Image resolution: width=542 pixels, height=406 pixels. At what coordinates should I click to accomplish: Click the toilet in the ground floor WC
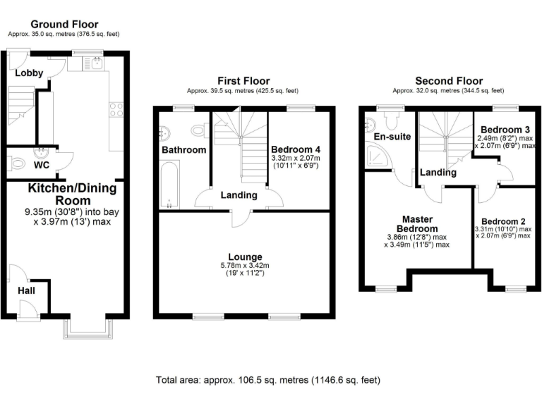tap(16, 163)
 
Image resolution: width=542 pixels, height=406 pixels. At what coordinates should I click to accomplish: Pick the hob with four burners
tap(116, 110)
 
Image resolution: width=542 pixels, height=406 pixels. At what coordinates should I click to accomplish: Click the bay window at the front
tap(87, 325)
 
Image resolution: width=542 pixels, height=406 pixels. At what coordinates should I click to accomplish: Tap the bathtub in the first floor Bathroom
tap(170, 184)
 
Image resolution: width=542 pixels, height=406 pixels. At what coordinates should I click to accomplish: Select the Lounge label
tap(244, 257)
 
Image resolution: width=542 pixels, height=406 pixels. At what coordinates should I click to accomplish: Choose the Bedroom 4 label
tap(296, 149)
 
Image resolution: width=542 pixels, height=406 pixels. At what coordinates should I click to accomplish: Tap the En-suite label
tap(390, 136)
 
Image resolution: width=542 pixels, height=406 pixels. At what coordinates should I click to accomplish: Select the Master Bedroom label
tap(416, 223)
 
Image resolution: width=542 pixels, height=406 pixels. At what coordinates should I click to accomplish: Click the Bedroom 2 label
tap(503, 221)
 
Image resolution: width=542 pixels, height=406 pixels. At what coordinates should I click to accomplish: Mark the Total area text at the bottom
tap(268, 380)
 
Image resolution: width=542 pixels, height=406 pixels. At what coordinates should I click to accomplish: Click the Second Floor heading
tap(448, 81)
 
